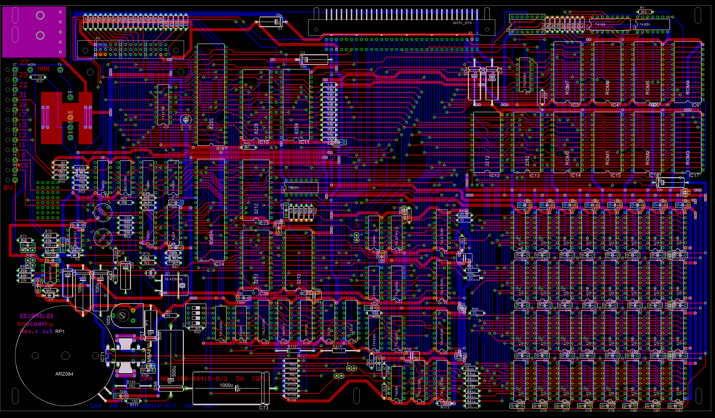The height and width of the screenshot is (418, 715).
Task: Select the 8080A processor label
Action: [211, 238]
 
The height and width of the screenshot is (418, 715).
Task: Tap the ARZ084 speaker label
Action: [64, 374]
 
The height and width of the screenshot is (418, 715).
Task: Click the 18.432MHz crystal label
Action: [173, 279]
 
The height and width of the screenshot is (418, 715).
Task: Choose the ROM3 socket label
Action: [687, 158]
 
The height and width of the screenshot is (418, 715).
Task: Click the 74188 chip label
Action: [600, 24]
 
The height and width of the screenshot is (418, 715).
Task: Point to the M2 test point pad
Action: [70, 117]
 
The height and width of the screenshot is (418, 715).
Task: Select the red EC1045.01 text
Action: [36, 316]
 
